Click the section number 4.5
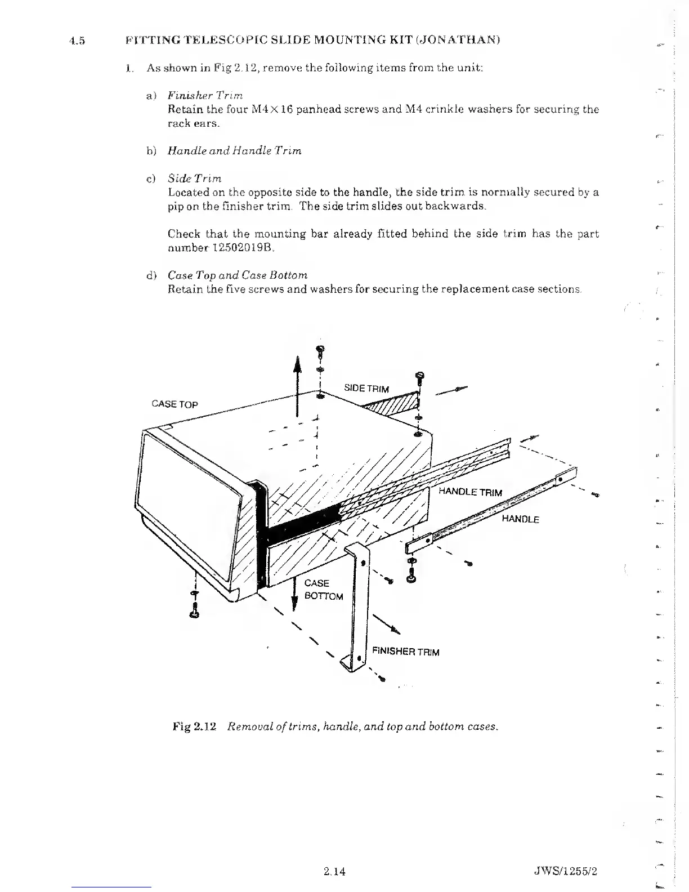tap(76, 41)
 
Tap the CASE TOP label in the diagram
tap(175, 404)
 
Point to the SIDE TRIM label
tap(366, 389)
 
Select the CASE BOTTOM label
tap(323, 590)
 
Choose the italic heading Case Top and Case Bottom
tap(238, 275)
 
